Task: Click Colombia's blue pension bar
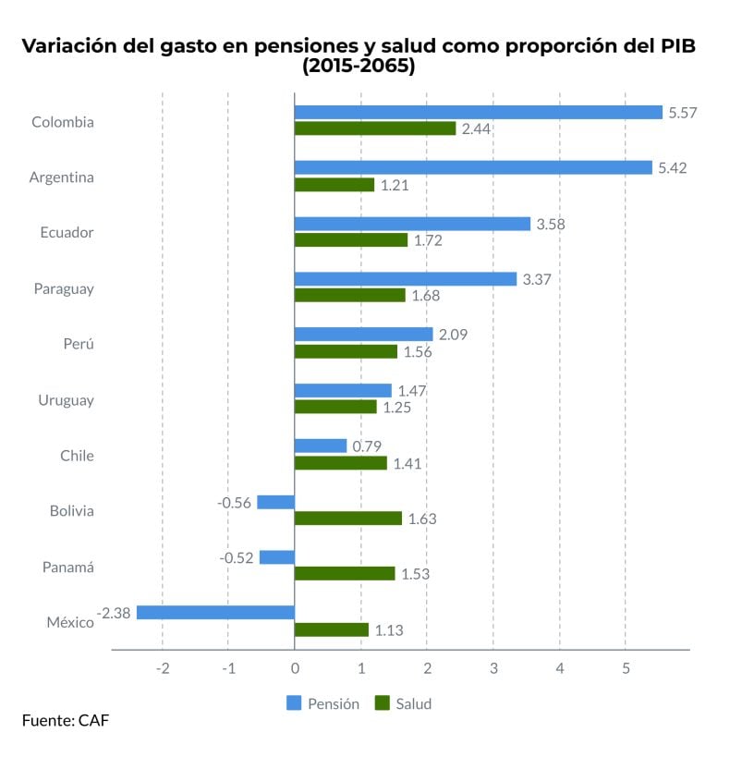(478, 113)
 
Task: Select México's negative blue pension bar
(215, 613)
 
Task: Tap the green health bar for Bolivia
(348, 519)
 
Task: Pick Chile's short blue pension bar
(321, 446)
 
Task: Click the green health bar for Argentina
(335, 185)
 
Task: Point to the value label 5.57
(682, 113)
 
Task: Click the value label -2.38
(114, 613)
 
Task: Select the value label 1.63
(421, 519)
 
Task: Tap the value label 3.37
(536, 279)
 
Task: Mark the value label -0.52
(237, 557)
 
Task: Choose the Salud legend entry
(403, 703)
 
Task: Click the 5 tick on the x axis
(626, 668)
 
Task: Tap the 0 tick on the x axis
(295, 668)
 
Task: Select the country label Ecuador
(67, 232)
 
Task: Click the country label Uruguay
(66, 400)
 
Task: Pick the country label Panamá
(67, 567)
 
